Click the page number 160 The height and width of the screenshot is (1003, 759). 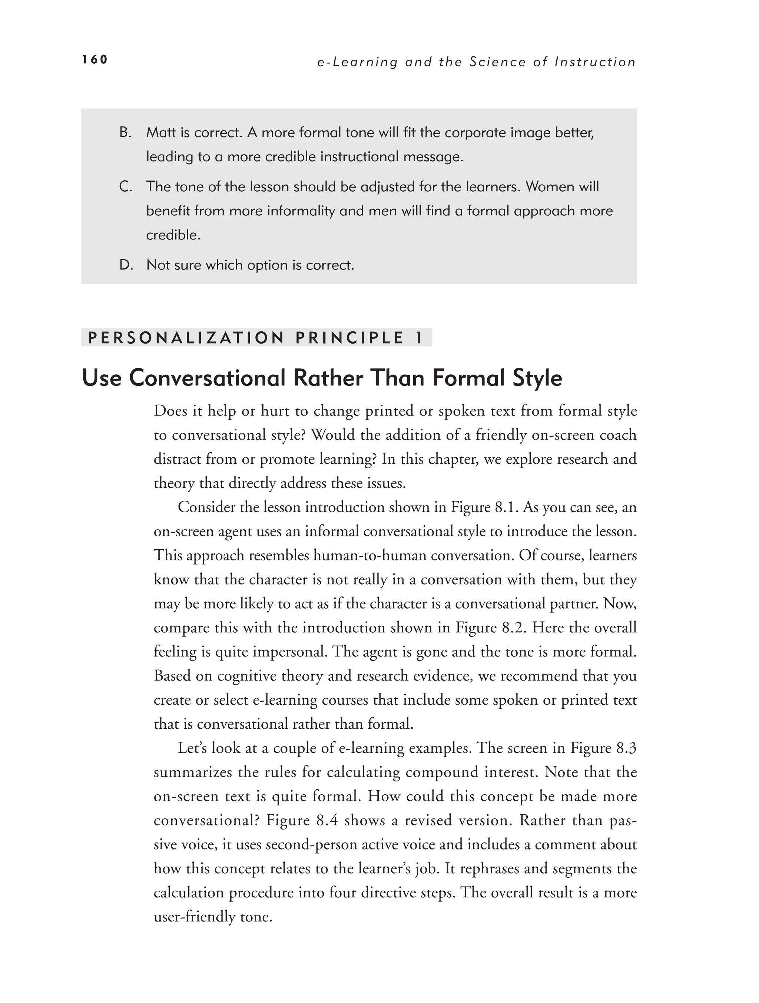point(95,59)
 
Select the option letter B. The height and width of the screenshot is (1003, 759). point(125,132)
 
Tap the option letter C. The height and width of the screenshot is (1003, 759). point(126,186)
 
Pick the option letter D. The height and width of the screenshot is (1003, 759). point(126,265)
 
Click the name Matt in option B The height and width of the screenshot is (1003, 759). point(162,132)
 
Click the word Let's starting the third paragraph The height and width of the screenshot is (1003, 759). point(192,748)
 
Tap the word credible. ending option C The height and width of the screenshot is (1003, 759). point(173,235)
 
